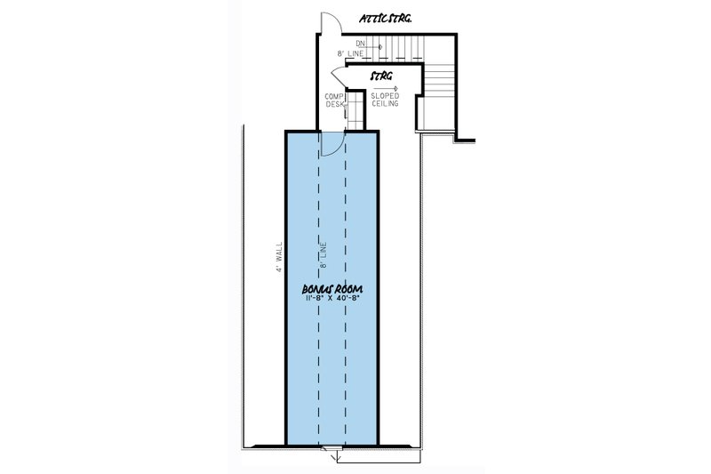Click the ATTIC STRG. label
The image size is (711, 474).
tap(386, 19)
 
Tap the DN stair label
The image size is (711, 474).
tap(361, 44)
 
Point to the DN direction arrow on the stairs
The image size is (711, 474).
tap(373, 47)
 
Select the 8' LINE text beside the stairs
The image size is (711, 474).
tap(350, 53)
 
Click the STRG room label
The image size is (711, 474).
tap(381, 76)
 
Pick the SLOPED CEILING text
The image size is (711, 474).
tap(385, 100)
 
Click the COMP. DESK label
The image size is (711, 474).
tap(335, 100)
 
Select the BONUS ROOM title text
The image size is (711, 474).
tap(332, 289)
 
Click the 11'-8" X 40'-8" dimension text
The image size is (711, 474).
tap(332, 299)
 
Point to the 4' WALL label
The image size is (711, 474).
tap(279, 257)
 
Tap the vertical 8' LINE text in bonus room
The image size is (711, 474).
tap(324, 255)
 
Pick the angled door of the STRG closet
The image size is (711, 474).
tap(338, 77)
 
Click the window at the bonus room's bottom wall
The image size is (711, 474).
tap(332, 448)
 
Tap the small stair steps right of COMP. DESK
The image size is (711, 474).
tap(355, 111)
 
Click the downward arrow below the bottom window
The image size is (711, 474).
tap(336, 457)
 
